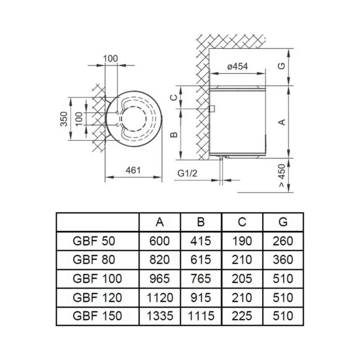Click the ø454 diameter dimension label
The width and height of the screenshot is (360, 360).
pyautogui.click(x=237, y=67)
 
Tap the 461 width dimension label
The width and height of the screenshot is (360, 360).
pyautogui.click(x=133, y=170)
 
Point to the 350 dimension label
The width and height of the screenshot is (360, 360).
pyautogui.click(x=64, y=119)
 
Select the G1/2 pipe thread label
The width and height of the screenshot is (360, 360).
pyautogui.click(x=187, y=173)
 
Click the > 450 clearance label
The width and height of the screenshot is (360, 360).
pyautogui.click(x=282, y=175)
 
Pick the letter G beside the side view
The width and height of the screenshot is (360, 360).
pyautogui.click(x=282, y=66)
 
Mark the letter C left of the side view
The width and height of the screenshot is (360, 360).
pyautogui.click(x=174, y=98)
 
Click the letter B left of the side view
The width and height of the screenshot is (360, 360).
pyautogui.click(x=174, y=135)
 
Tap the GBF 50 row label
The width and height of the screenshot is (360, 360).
pyautogui.click(x=94, y=241)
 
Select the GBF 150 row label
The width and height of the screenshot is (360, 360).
pyautogui.click(x=97, y=316)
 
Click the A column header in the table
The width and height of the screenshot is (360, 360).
pyautogui.click(x=159, y=222)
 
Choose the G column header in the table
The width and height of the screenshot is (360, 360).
pyautogui.click(x=283, y=222)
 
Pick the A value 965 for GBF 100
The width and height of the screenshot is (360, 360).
pyautogui.click(x=159, y=279)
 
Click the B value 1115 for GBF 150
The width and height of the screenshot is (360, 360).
pyautogui.click(x=201, y=316)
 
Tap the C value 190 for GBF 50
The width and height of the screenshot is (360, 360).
pyautogui.click(x=242, y=241)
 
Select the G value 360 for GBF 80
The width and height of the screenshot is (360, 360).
pyautogui.click(x=283, y=260)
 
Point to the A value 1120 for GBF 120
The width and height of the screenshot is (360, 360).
pyautogui.click(x=159, y=298)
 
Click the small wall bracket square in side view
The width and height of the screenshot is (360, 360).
pyautogui.click(x=212, y=109)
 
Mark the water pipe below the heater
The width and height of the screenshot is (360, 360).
pyautogui.click(x=221, y=171)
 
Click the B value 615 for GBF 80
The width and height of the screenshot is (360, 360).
pyautogui.click(x=201, y=260)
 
